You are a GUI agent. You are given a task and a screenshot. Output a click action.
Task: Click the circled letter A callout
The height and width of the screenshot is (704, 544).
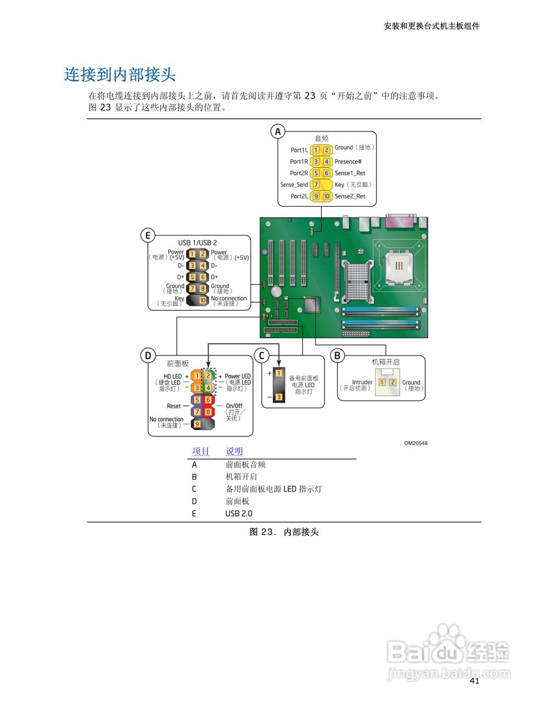click(x=278, y=131)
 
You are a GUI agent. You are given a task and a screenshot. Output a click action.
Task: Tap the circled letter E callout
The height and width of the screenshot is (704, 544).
click(x=147, y=236)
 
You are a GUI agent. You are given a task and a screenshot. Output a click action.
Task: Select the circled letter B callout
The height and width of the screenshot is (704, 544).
click(x=337, y=355)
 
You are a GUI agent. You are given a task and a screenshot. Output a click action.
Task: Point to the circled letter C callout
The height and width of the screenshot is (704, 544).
click(x=262, y=355)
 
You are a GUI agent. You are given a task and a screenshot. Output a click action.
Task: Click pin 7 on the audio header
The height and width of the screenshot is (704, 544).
click(x=316, y=185)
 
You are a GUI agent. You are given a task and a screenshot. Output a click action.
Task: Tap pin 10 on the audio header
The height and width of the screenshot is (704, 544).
click(x=327, y=196)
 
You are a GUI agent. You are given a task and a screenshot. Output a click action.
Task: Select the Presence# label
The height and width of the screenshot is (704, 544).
click(x=348, y=162)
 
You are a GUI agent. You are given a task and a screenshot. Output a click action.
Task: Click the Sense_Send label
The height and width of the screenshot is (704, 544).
click(x=294, y=185)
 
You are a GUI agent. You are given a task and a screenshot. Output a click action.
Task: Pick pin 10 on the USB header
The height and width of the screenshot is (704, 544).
click(x=202, y=300)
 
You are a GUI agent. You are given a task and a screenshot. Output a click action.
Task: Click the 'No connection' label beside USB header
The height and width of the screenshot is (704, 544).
click(x=229, y=299)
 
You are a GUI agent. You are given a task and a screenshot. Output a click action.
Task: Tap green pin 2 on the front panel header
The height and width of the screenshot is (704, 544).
click(x=208, y=376)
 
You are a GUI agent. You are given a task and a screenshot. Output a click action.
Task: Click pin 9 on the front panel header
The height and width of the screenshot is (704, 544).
click(x=197, y=425)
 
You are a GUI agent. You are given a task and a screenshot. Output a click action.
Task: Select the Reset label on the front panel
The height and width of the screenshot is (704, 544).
click(x=174, y=406)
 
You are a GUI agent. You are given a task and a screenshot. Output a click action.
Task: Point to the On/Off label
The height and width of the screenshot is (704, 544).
click(x=234, y=406)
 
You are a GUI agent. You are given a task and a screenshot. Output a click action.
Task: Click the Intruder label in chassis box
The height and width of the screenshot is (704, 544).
click(x=362, y=382)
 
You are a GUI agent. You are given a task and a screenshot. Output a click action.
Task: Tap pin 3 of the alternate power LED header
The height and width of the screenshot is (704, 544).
click(x=279, y=397)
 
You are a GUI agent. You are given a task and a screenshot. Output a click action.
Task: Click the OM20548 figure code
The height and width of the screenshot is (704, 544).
click(x=415, y=443)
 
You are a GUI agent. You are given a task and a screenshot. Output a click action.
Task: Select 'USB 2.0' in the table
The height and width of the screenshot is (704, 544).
click(x=239, y=514)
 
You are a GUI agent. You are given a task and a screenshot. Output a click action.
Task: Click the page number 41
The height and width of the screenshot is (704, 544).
click(x=475, y=681)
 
